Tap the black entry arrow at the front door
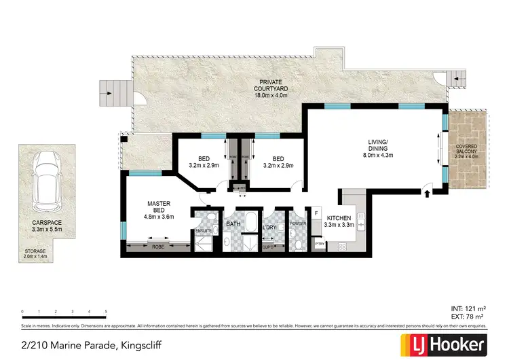[x=427, y=195]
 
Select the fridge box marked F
[x=316, y=214]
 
